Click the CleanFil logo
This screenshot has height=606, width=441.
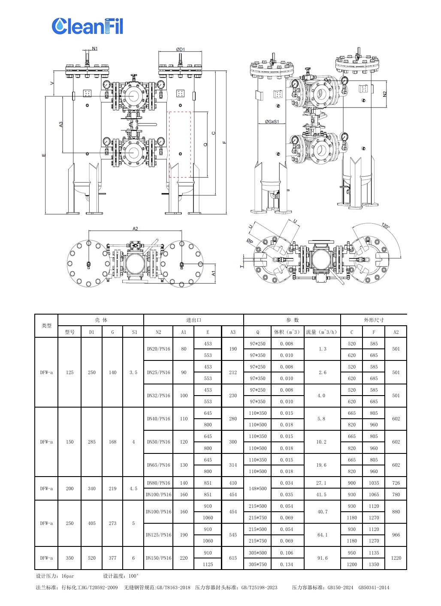[x=87, y=26]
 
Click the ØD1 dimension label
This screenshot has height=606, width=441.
[x=180, y=49]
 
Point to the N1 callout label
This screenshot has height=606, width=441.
[x=95, y=48]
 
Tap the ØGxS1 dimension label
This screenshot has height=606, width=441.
[x=272, y=122]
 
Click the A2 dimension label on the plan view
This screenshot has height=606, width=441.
[x=135, y=228]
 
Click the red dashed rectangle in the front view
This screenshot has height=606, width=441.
[x=180, y=144]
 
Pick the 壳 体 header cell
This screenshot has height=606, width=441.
[x=101, y=320]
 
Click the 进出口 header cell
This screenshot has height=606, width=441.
[x=193, y=320]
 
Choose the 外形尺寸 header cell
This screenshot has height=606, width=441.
[x=374, y=320]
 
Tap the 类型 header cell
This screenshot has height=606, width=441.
[x=46, y=326]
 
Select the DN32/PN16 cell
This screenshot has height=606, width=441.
[x=158, y=396]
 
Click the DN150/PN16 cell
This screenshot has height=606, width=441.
[x=158, y=558]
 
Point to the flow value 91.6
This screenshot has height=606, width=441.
[x=322, y=558]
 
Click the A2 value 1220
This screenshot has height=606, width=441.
[x=396, y=558]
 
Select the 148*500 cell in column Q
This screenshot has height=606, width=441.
[x=257, y=489]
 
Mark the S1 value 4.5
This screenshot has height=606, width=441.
[x=133, y=489]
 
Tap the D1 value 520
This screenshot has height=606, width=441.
[x=92, y=558]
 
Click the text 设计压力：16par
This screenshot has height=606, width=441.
[x=55, y=576]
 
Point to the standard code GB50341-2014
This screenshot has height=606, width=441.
[x=374, y=588]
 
